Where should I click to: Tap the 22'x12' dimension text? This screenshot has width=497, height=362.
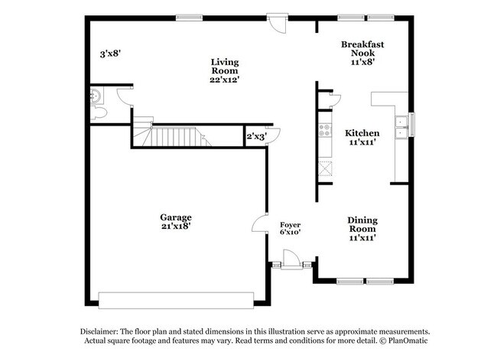(x=224, y=79)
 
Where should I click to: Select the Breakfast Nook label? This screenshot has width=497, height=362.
(x=362, y=49)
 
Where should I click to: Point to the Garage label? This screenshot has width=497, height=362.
(x=176, y=217)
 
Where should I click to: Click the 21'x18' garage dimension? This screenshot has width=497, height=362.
(x=176, y=227)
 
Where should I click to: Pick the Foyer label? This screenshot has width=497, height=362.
(x=289, y=223)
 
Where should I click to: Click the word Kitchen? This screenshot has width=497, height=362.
(x=362, y=133)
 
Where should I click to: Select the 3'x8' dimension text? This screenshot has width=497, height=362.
(x=112, y=54)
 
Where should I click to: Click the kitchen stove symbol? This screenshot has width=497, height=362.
(x=324, y=131)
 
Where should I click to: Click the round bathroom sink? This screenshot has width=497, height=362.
(x=95, y=96)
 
